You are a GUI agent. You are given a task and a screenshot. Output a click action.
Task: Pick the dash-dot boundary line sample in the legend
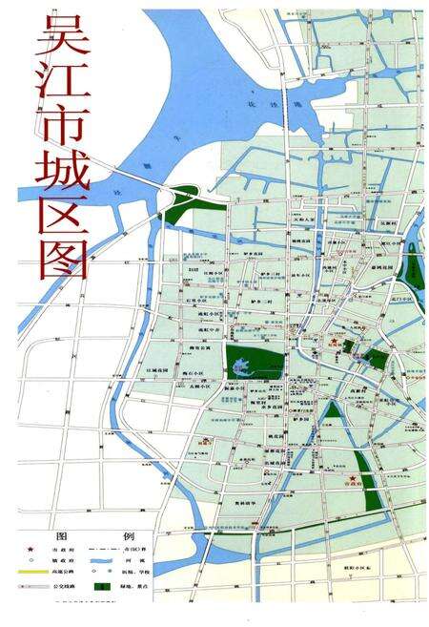coord(124,553)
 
